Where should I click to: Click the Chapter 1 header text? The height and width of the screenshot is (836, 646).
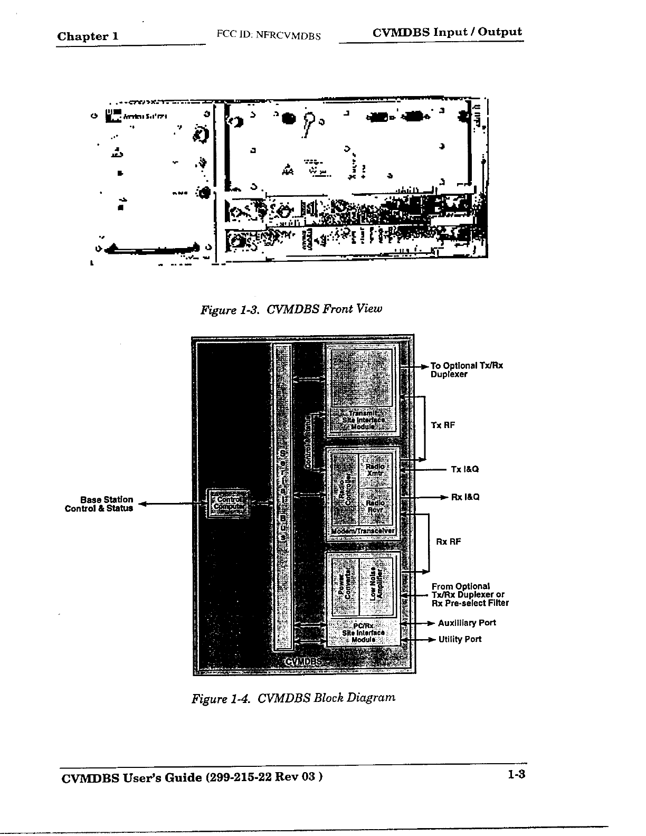point(88,36)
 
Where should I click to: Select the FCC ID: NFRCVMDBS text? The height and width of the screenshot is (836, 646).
point(269,35)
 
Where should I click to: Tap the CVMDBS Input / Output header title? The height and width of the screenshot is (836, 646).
point(447,32)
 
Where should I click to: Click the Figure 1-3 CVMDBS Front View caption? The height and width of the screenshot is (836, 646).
point(290,309)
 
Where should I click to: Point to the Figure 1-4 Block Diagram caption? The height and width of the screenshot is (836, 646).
point(293,698)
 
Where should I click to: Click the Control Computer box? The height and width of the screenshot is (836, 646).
point(227,503)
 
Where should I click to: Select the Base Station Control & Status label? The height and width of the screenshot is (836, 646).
point(99,504)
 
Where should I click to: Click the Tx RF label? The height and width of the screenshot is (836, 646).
point(443,425)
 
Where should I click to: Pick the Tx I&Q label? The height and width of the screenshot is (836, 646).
point(464,469)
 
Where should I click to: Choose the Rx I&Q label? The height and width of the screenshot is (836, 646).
point(465,497)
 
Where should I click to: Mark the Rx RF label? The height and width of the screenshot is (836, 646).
point(449,541)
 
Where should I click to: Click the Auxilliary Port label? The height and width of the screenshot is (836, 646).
point(467,623)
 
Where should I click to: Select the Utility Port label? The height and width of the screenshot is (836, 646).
point(460,639)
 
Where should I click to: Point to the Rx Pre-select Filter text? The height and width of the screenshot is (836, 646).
point(470,603)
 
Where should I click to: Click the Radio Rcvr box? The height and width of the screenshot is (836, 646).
point(375,506)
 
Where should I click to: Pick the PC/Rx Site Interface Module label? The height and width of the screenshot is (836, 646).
point(364,633)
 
